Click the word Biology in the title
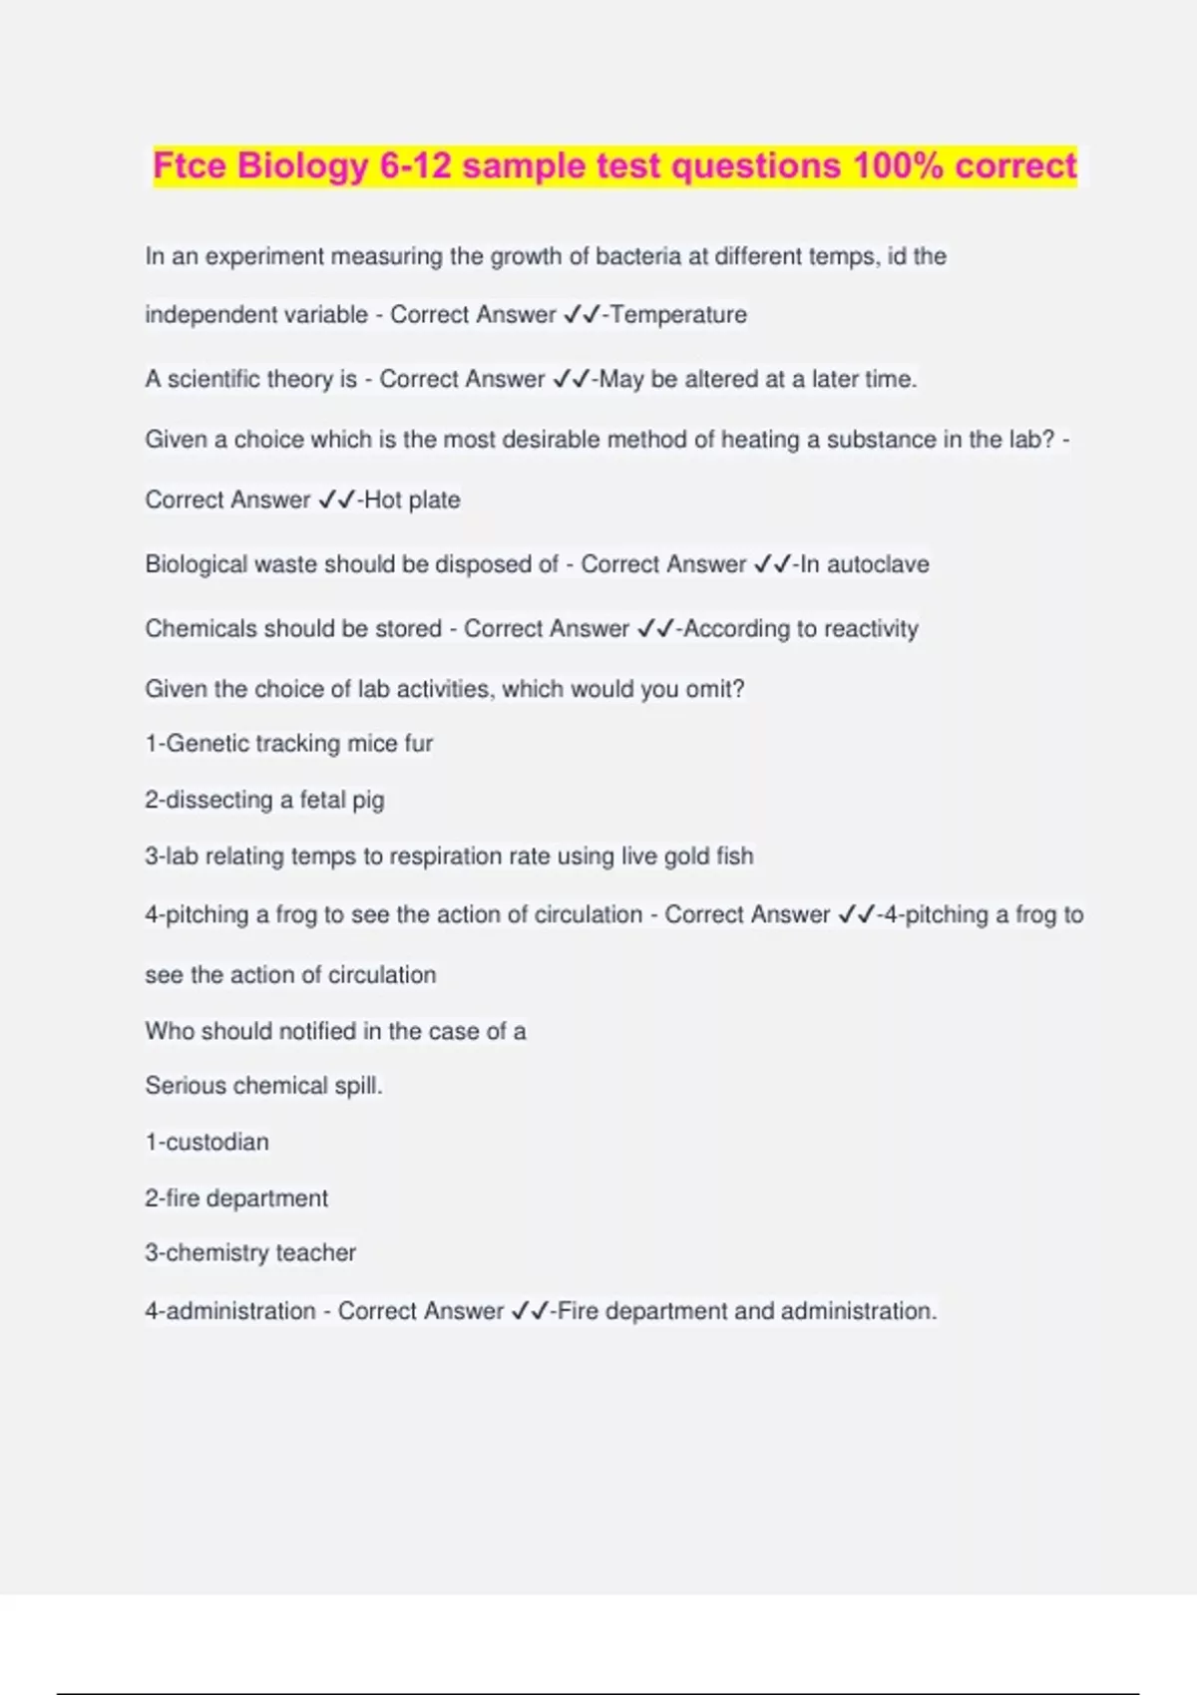click(x=303, y=166)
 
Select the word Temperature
click(x=678, y=315)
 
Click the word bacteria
click(x=638, y=256)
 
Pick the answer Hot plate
click(x=412, y=500)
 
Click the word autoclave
click(x=878, y=564)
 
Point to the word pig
click(x=367, y=801)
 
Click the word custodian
click(x=216, y=1143)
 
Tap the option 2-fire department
click(x=236, y=1198)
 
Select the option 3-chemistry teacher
click(x=250, y=1253)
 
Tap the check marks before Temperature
click(x=582, y=315)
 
